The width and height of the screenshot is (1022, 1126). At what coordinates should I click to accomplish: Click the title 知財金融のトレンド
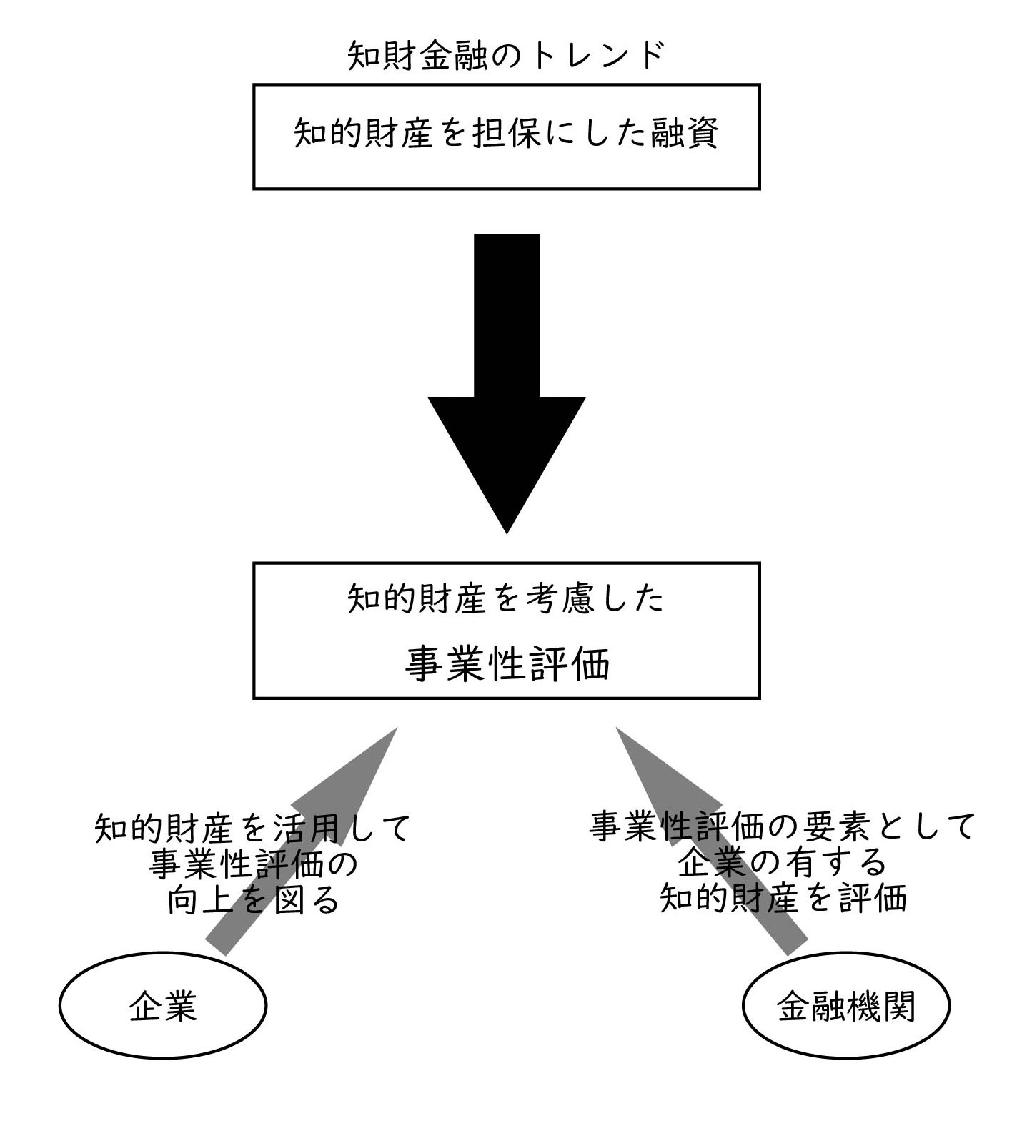507,56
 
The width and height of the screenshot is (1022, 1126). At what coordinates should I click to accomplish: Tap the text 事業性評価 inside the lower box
507,664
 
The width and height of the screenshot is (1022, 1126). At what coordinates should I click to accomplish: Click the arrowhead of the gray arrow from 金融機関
617,729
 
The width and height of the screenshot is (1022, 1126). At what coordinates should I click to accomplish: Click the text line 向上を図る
253,901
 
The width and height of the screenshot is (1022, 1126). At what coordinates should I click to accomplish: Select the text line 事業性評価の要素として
783,828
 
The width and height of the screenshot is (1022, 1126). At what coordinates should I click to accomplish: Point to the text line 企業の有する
783,864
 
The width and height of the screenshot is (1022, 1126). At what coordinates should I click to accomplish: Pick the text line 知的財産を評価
783,899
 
